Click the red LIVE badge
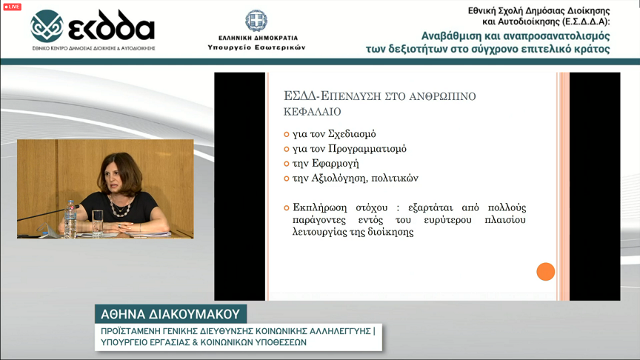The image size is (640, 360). (x=13, y=7)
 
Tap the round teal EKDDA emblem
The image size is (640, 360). (x=47, y=26)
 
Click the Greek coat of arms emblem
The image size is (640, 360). (x=256, y=21)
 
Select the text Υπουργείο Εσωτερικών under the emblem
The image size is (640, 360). (x=256, y=47)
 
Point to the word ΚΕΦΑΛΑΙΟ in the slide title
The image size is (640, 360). (x=313, y=111)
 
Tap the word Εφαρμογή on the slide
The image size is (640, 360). (x=335, y=163)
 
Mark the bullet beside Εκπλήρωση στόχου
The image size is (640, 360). (x=287, y=208)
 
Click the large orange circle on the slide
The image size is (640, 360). (x=546, y=271)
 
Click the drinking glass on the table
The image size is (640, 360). (x=97, y=223)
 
